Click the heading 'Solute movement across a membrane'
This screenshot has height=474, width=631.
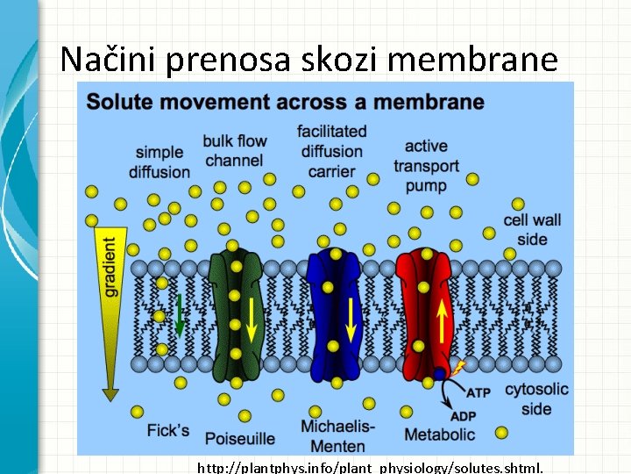285,102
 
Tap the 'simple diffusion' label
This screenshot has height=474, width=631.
159,162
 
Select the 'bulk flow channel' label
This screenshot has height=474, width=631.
234,150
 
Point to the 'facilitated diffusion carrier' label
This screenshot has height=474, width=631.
331,151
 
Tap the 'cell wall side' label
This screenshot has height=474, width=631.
532,229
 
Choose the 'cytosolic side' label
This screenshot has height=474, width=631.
536,399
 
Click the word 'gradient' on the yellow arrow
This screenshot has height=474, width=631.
110,266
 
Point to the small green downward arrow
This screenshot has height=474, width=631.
179,316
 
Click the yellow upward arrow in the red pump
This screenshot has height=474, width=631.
443,322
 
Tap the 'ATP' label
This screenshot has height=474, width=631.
478,392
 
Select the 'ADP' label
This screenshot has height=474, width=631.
464,415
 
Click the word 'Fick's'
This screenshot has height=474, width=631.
168,430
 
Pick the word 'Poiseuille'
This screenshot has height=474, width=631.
239,438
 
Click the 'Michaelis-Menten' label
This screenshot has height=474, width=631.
337,437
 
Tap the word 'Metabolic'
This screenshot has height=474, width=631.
439,434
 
